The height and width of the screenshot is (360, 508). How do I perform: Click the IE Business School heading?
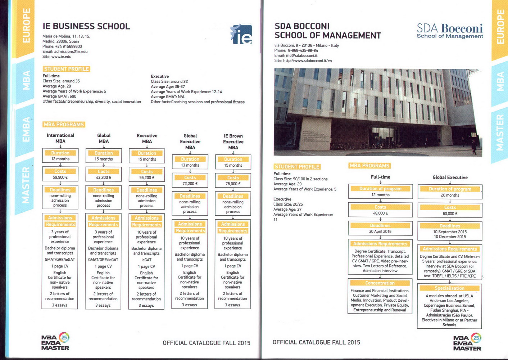pos(86,26)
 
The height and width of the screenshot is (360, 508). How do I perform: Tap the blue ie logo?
pos(241,35)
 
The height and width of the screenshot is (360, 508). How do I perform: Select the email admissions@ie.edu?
pos(65,51)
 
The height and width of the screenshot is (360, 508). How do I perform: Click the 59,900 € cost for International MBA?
pos(60,177)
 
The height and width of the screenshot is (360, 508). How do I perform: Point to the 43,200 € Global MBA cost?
pos(104,177)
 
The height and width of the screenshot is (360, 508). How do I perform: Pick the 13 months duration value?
pos(190,165)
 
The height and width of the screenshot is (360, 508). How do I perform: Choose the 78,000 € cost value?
pos(233,184)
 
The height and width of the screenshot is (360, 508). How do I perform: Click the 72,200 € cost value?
pos(190,184)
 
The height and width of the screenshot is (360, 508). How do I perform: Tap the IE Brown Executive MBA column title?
pos(233,141)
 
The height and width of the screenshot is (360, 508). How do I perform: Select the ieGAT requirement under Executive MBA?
pos(146,260)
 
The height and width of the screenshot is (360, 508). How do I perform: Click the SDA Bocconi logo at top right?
pos(450,31)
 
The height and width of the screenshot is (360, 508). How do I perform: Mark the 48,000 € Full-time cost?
pos(380,213)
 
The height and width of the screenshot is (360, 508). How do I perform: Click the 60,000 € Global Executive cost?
pos(450,213)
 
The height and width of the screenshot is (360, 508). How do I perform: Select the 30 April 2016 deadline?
pos(380,231)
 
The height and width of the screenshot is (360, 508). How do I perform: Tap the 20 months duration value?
pos(450,195)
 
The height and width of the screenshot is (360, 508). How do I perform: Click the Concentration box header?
pos(380,283)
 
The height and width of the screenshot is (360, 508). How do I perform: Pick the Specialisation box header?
pos(449,288)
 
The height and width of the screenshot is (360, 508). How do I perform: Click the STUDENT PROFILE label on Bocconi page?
pos(297,167)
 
